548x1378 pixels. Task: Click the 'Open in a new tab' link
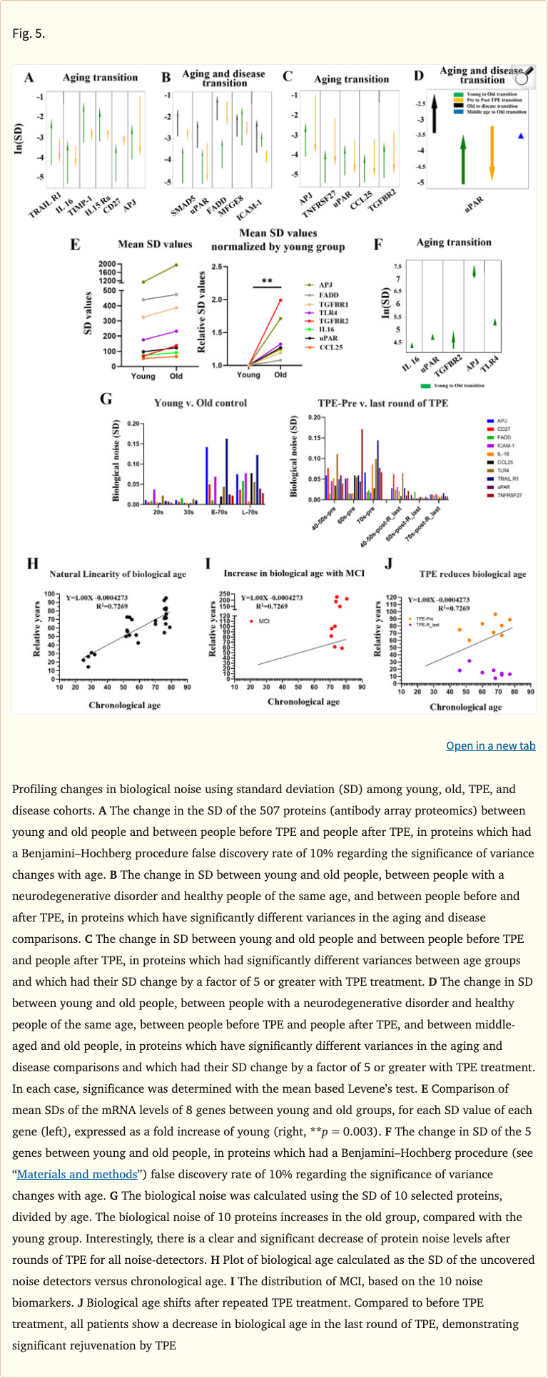tap(490, 745)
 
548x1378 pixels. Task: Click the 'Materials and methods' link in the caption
tap(76, 1174)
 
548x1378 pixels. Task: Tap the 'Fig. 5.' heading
tap(29, 33)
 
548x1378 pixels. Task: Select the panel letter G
tap(106, 399)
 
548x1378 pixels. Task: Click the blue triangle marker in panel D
tap(521, 136)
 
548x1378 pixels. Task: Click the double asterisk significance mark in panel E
tap(267, 282)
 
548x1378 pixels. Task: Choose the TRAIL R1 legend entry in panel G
tap(507, 479)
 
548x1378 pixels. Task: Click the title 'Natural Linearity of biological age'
tap(118, 574)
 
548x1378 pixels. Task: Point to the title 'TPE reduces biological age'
tap(472, 574)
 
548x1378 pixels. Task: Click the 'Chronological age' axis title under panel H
tap(125, 705)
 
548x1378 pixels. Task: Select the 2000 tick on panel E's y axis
tap(108, 264)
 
